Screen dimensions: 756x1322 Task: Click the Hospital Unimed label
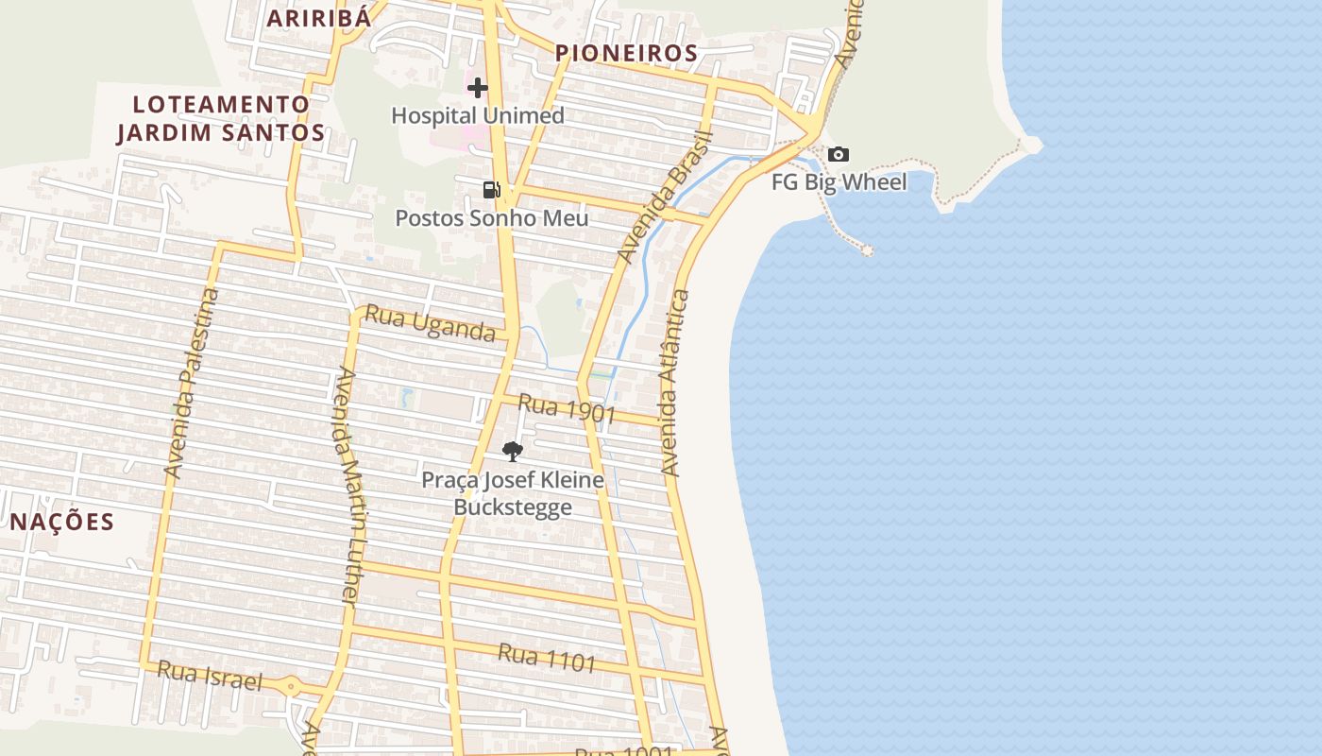pos(478,115)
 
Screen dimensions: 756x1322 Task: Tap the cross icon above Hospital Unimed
pos(478,88)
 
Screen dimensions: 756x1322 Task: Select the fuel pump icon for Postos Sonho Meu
pos(491,190)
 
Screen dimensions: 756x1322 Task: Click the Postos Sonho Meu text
pos(491,218)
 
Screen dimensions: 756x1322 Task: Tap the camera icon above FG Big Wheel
pos(838,155)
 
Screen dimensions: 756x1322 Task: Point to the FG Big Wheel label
pos(839,182)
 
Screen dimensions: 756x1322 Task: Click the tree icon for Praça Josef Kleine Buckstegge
pos(513,452)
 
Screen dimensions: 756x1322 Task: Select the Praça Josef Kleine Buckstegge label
pos(513,493)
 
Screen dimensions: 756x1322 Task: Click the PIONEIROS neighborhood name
pos(626,53)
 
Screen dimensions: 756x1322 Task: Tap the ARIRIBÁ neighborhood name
pos(317,18)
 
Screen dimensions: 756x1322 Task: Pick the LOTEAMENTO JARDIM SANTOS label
pos(221,118)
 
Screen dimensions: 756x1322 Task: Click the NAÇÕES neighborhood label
pos(62,522)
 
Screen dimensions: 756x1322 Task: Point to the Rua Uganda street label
pos(430,323)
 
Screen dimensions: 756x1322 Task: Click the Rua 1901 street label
pos(567,409)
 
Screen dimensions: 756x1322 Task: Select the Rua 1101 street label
pos(547,658)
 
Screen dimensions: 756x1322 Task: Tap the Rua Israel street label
pos(209,676)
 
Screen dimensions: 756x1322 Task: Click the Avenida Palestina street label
pos(192,383)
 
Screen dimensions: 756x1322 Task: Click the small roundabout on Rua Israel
pos(291,687)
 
